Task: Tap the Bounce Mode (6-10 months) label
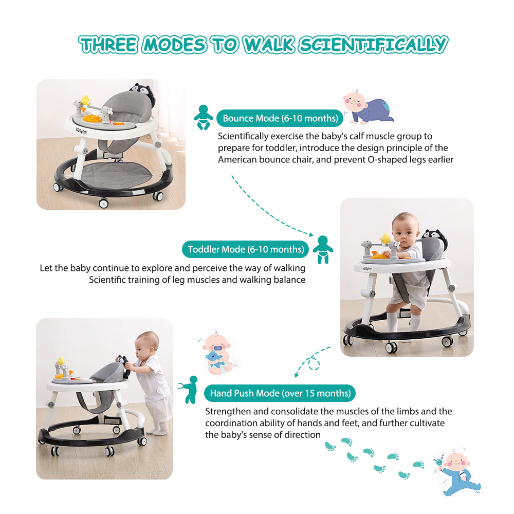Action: [x=280, y=118]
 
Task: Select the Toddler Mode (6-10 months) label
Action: [x=246, y=249]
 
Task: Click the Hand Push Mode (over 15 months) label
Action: [x=280, y=393]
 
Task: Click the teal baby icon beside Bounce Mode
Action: [x=203, y=117]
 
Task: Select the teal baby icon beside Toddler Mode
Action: [x=323, y=249]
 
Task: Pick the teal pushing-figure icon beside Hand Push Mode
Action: [x=190, y=390]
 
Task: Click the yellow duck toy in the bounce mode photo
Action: [x=85, y=100]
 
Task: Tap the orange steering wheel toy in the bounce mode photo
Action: [x=92, y=118]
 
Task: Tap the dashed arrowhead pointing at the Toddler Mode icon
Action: [x=310, y=234]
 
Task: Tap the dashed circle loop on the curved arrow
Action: [x=314, y=363]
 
